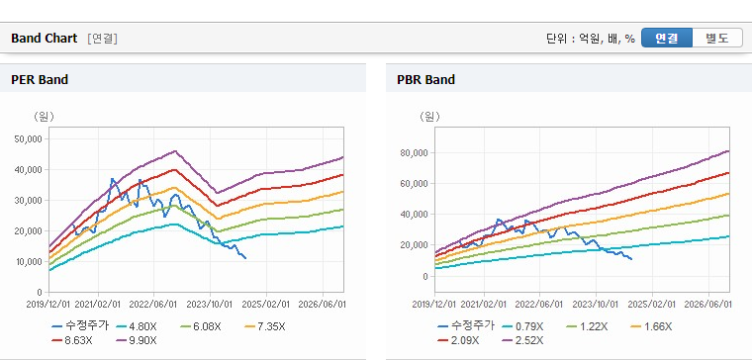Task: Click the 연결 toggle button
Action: pyautogui.click(x=667, y=38)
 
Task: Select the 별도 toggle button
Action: pyautogui.click(x=717, y=38)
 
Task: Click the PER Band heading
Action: pyautogui.click(x=40, y=79)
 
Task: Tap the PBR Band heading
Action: pyautogui.click(x=425, y=79)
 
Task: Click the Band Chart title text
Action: pyautogui.click(x=45, y=39)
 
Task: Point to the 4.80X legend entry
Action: pyautogui.click(x=138, y=327)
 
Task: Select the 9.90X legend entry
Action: pyautogui.click(x=138, y=340)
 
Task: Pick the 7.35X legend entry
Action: pyautogui.click(x=265, y=327)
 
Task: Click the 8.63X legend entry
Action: pyautogui.click(x=72, y=340)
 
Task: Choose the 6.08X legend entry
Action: pyautogui.click(x=201, y=327)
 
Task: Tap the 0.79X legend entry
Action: pyautogui.click(x=523, y=327)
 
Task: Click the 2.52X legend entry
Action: pyautogui.click(x=523, y=340)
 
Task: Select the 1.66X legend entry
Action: pyautogui.click(x=652, y=327)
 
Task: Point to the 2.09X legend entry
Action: pyautogui.click(x=459, y=340)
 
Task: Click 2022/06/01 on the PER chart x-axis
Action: pyautogui.click(x=154, y=305)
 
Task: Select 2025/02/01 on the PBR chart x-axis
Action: pyautogui.click(x=652, y=305)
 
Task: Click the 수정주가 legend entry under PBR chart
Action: pyautogui.click(x=466, y=327)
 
